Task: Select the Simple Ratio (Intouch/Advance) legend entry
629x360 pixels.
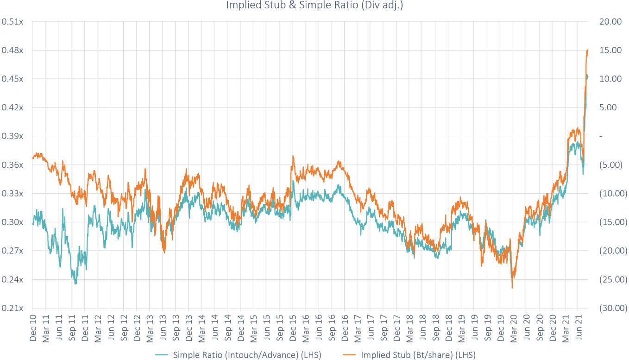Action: click(x=247, y=355)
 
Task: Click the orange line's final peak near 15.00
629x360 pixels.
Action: click(x=587, y=50)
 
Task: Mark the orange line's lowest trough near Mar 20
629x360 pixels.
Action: click(x=512, y=288)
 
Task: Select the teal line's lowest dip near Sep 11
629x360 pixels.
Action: click(x=75, y=284)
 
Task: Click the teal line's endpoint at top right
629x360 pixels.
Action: click(x=588, y=76)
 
